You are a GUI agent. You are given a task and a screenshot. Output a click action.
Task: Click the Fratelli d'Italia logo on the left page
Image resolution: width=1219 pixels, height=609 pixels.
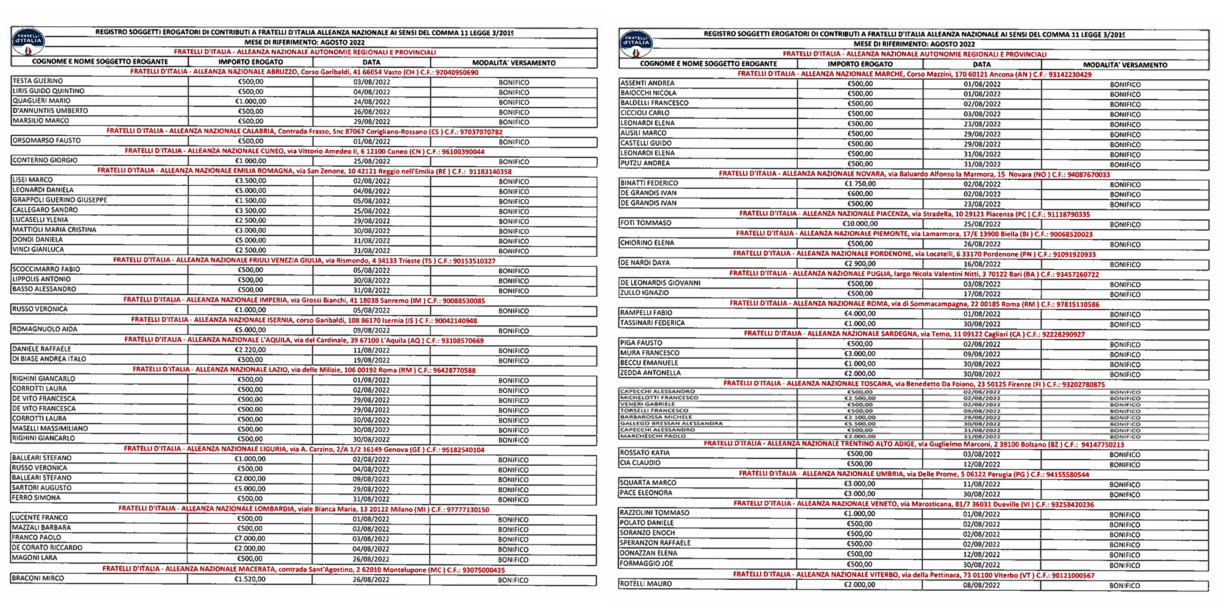pyautogui.click(x=28, y=40)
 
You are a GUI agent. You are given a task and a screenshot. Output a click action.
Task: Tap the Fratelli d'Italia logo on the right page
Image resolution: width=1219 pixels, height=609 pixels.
pyautogui.click(x=636, y=43)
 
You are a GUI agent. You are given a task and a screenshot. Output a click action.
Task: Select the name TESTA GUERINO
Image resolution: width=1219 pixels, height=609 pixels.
pyautogui.click(x=38, y=81)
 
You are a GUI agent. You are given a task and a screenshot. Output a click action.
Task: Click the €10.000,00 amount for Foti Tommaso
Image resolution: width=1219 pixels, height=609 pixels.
pyautogui.click(x=860, y=224)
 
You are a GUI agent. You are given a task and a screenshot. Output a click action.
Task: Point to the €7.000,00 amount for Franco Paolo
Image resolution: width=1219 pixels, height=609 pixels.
pyautogui.click(x=250, y=538)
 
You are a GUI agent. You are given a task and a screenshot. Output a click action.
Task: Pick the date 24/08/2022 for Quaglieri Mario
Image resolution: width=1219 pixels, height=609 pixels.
pyautogui.click(x=371, y=102)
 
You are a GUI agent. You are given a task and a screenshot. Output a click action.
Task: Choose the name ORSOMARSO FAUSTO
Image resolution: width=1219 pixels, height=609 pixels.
pyautogui.click(x=46, y=141)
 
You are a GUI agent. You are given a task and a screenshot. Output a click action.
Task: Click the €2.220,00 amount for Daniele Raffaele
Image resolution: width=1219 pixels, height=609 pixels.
pyautogui.click(x=250, y=350)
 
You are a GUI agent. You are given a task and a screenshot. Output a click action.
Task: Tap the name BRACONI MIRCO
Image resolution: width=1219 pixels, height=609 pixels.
pyautogui.click(x=38, y=579)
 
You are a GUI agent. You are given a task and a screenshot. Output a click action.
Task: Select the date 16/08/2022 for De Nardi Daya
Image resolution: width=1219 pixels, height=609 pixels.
pyautogui.click(x=982, y=264)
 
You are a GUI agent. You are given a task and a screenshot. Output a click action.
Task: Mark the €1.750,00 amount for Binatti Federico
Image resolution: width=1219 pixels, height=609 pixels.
pyautogui.click(x=860, y=184)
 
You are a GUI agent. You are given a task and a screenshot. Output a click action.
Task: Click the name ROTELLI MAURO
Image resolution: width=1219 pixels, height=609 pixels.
pyautogui.click(x=645, y=584)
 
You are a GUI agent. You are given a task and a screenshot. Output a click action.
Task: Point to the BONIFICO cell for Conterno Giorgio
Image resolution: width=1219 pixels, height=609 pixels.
pyautogui.click(x=514, y=162)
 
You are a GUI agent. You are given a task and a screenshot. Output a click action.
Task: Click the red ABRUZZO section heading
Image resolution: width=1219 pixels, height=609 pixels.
pyautogui.click(x=304, y=72)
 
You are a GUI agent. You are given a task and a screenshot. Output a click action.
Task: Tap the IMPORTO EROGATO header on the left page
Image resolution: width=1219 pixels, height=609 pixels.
pyautogui.click(x=251, y=62)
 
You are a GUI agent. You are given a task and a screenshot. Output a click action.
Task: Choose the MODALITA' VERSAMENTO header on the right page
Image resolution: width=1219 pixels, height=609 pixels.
pyautogui.click(x=1125, y=65)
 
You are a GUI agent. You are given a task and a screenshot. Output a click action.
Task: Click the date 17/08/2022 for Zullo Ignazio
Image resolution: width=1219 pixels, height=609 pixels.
pyautogui.click(x=982, y=294)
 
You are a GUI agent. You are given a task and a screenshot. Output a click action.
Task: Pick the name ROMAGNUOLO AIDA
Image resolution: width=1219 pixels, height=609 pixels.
pyautogui.click(x=45, y=329)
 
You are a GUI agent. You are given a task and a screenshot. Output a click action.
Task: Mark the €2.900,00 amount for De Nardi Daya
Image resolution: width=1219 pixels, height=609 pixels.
pyautogui.click(x=860, y=264)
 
